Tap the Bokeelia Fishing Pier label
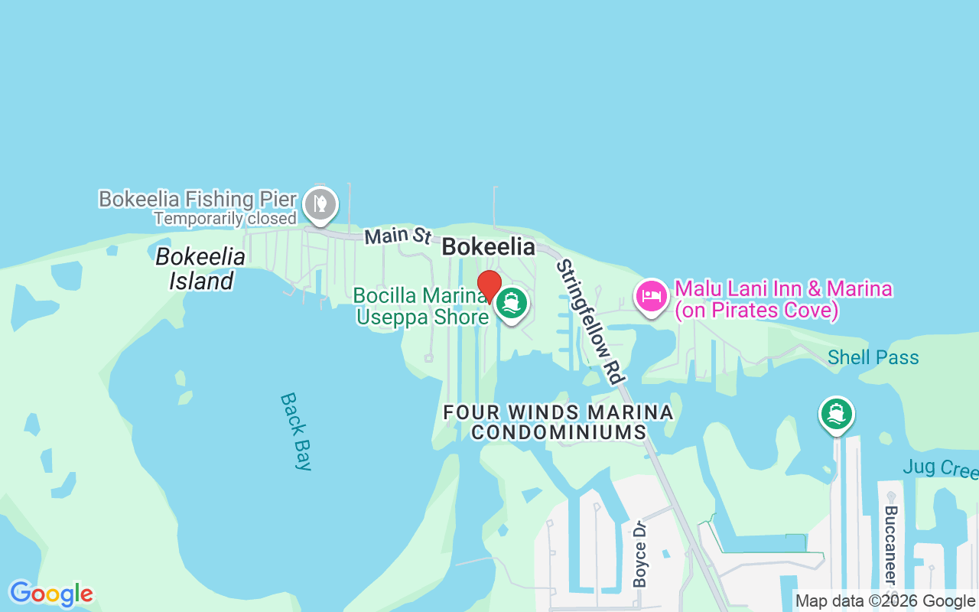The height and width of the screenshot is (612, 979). click(197, 200)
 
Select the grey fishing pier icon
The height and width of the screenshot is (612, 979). click(320, 203)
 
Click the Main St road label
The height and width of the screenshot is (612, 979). click(398, 236)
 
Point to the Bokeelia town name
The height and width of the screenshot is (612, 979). click(488, 246)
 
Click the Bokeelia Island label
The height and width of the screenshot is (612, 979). click(200, 269)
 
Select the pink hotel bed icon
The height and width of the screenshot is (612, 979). click(651, 295)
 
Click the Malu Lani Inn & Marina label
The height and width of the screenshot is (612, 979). click(783, 299)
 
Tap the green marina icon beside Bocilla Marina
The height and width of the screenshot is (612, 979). click(512, 303)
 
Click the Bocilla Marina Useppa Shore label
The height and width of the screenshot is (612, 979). click(421, 306)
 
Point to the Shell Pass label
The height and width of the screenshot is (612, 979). click(873, 357)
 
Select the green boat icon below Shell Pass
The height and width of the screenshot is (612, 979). click(836, 414)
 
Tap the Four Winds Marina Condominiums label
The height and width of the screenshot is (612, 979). click(558, 422)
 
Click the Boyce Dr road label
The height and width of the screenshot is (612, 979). click(640, 554)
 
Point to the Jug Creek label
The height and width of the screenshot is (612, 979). click(940, 467)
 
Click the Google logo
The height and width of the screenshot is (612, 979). click(51, 594)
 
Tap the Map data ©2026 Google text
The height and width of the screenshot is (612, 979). click(885, 601)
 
